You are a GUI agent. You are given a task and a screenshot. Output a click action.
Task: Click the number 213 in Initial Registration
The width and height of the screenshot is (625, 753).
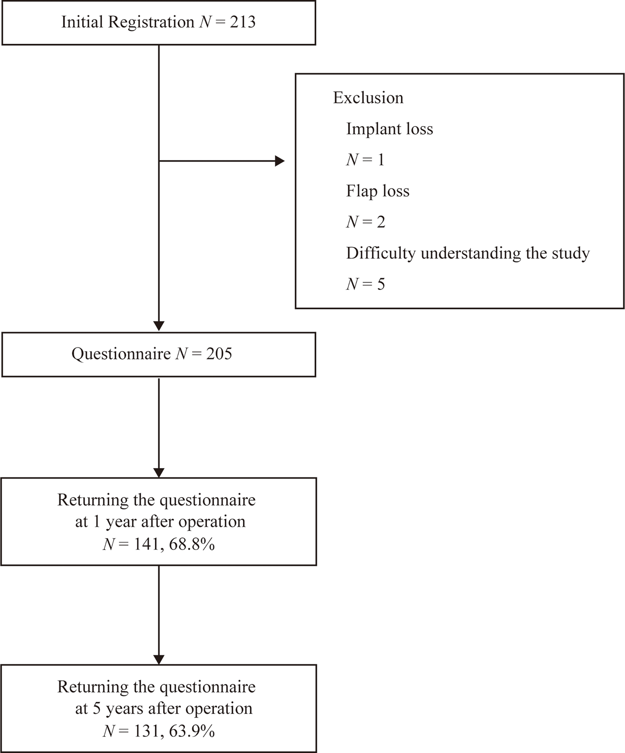pyautogui.click(x=243, y=22)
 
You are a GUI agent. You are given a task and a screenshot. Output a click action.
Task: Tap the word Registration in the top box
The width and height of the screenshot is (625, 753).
pyautogui.click(x=151, y=22)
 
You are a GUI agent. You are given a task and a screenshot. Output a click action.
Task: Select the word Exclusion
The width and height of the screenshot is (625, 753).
pyautogui.click(x=368, y=98)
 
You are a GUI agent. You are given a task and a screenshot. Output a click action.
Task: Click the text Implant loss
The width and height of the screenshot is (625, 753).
pyautogui.click(x=389, y=129)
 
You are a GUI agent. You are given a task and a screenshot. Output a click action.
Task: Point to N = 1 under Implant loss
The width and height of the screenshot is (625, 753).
pyautogui.click(x=365, y=160)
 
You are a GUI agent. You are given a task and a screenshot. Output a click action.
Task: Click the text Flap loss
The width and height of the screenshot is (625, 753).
pyautogui.click(x=378, y=191)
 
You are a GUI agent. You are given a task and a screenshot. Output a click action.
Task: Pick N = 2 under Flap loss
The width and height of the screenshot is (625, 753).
pyautogui.click(x=366, y=222)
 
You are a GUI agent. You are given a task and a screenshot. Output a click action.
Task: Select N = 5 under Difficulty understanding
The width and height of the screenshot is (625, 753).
pyautogui.click(x=365, y=284)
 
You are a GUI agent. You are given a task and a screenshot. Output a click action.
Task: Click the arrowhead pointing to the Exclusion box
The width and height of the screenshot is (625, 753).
pyautogui.click(x=280, y=161)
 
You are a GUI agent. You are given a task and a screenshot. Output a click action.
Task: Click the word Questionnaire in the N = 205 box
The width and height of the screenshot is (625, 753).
pyautogui.click(x=121, y=354)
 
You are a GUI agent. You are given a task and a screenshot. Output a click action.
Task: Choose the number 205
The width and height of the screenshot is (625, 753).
pyautogui.click(x=219, y=354)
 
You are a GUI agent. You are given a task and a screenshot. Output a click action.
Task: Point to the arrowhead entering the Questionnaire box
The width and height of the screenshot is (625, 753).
pyautogui.click(x=158, y=326)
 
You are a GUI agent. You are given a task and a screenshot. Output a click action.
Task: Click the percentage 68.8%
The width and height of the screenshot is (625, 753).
pyautogui.click(x=192, y=544)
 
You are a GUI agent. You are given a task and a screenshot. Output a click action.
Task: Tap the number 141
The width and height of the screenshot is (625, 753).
pyautogui.click(x=146, y=544)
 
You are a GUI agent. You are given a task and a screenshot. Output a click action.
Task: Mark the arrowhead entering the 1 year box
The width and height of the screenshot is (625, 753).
pyautogui.click(x=158, y=473)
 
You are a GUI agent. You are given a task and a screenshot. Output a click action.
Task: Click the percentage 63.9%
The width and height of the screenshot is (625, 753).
pyautogui.click(x=192, y=731)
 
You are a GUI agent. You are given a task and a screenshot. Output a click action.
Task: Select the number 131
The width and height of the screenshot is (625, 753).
pyautogui.click(x=146, y=731)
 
